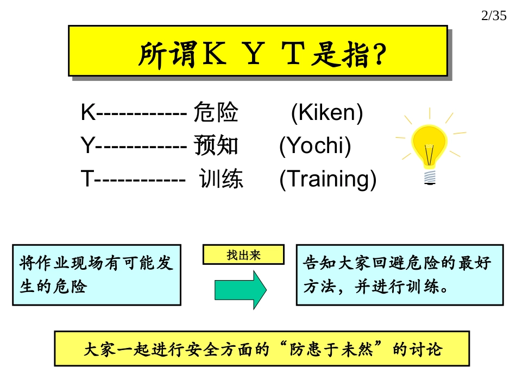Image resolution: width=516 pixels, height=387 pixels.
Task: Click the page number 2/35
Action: click(494, 16)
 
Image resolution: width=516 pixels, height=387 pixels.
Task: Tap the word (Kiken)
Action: click(327, 113)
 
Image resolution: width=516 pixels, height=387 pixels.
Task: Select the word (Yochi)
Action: click(315, 145)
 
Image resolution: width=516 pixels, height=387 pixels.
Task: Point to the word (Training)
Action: click(328, 179)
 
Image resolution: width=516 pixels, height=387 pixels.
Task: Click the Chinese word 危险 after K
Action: click(216, 113)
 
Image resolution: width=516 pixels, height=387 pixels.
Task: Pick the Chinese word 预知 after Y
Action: click(216, 145)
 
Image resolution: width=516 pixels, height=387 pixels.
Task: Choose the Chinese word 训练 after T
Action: click(221, 179)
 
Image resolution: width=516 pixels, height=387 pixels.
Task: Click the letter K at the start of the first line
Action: click(87, 113)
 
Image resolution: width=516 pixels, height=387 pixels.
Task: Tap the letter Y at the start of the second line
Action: click(87, 145)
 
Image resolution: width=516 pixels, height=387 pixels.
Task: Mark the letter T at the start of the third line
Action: click(87, 179)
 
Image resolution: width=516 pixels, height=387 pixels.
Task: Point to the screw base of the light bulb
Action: click(430, 176)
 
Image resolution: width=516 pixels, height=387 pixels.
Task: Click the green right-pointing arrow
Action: click(240, 289)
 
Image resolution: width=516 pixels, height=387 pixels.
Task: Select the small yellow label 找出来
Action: click(243, 255)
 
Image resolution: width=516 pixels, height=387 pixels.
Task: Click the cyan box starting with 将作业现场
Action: click(97, 275)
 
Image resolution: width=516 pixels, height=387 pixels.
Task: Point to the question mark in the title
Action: click(380, 55)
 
